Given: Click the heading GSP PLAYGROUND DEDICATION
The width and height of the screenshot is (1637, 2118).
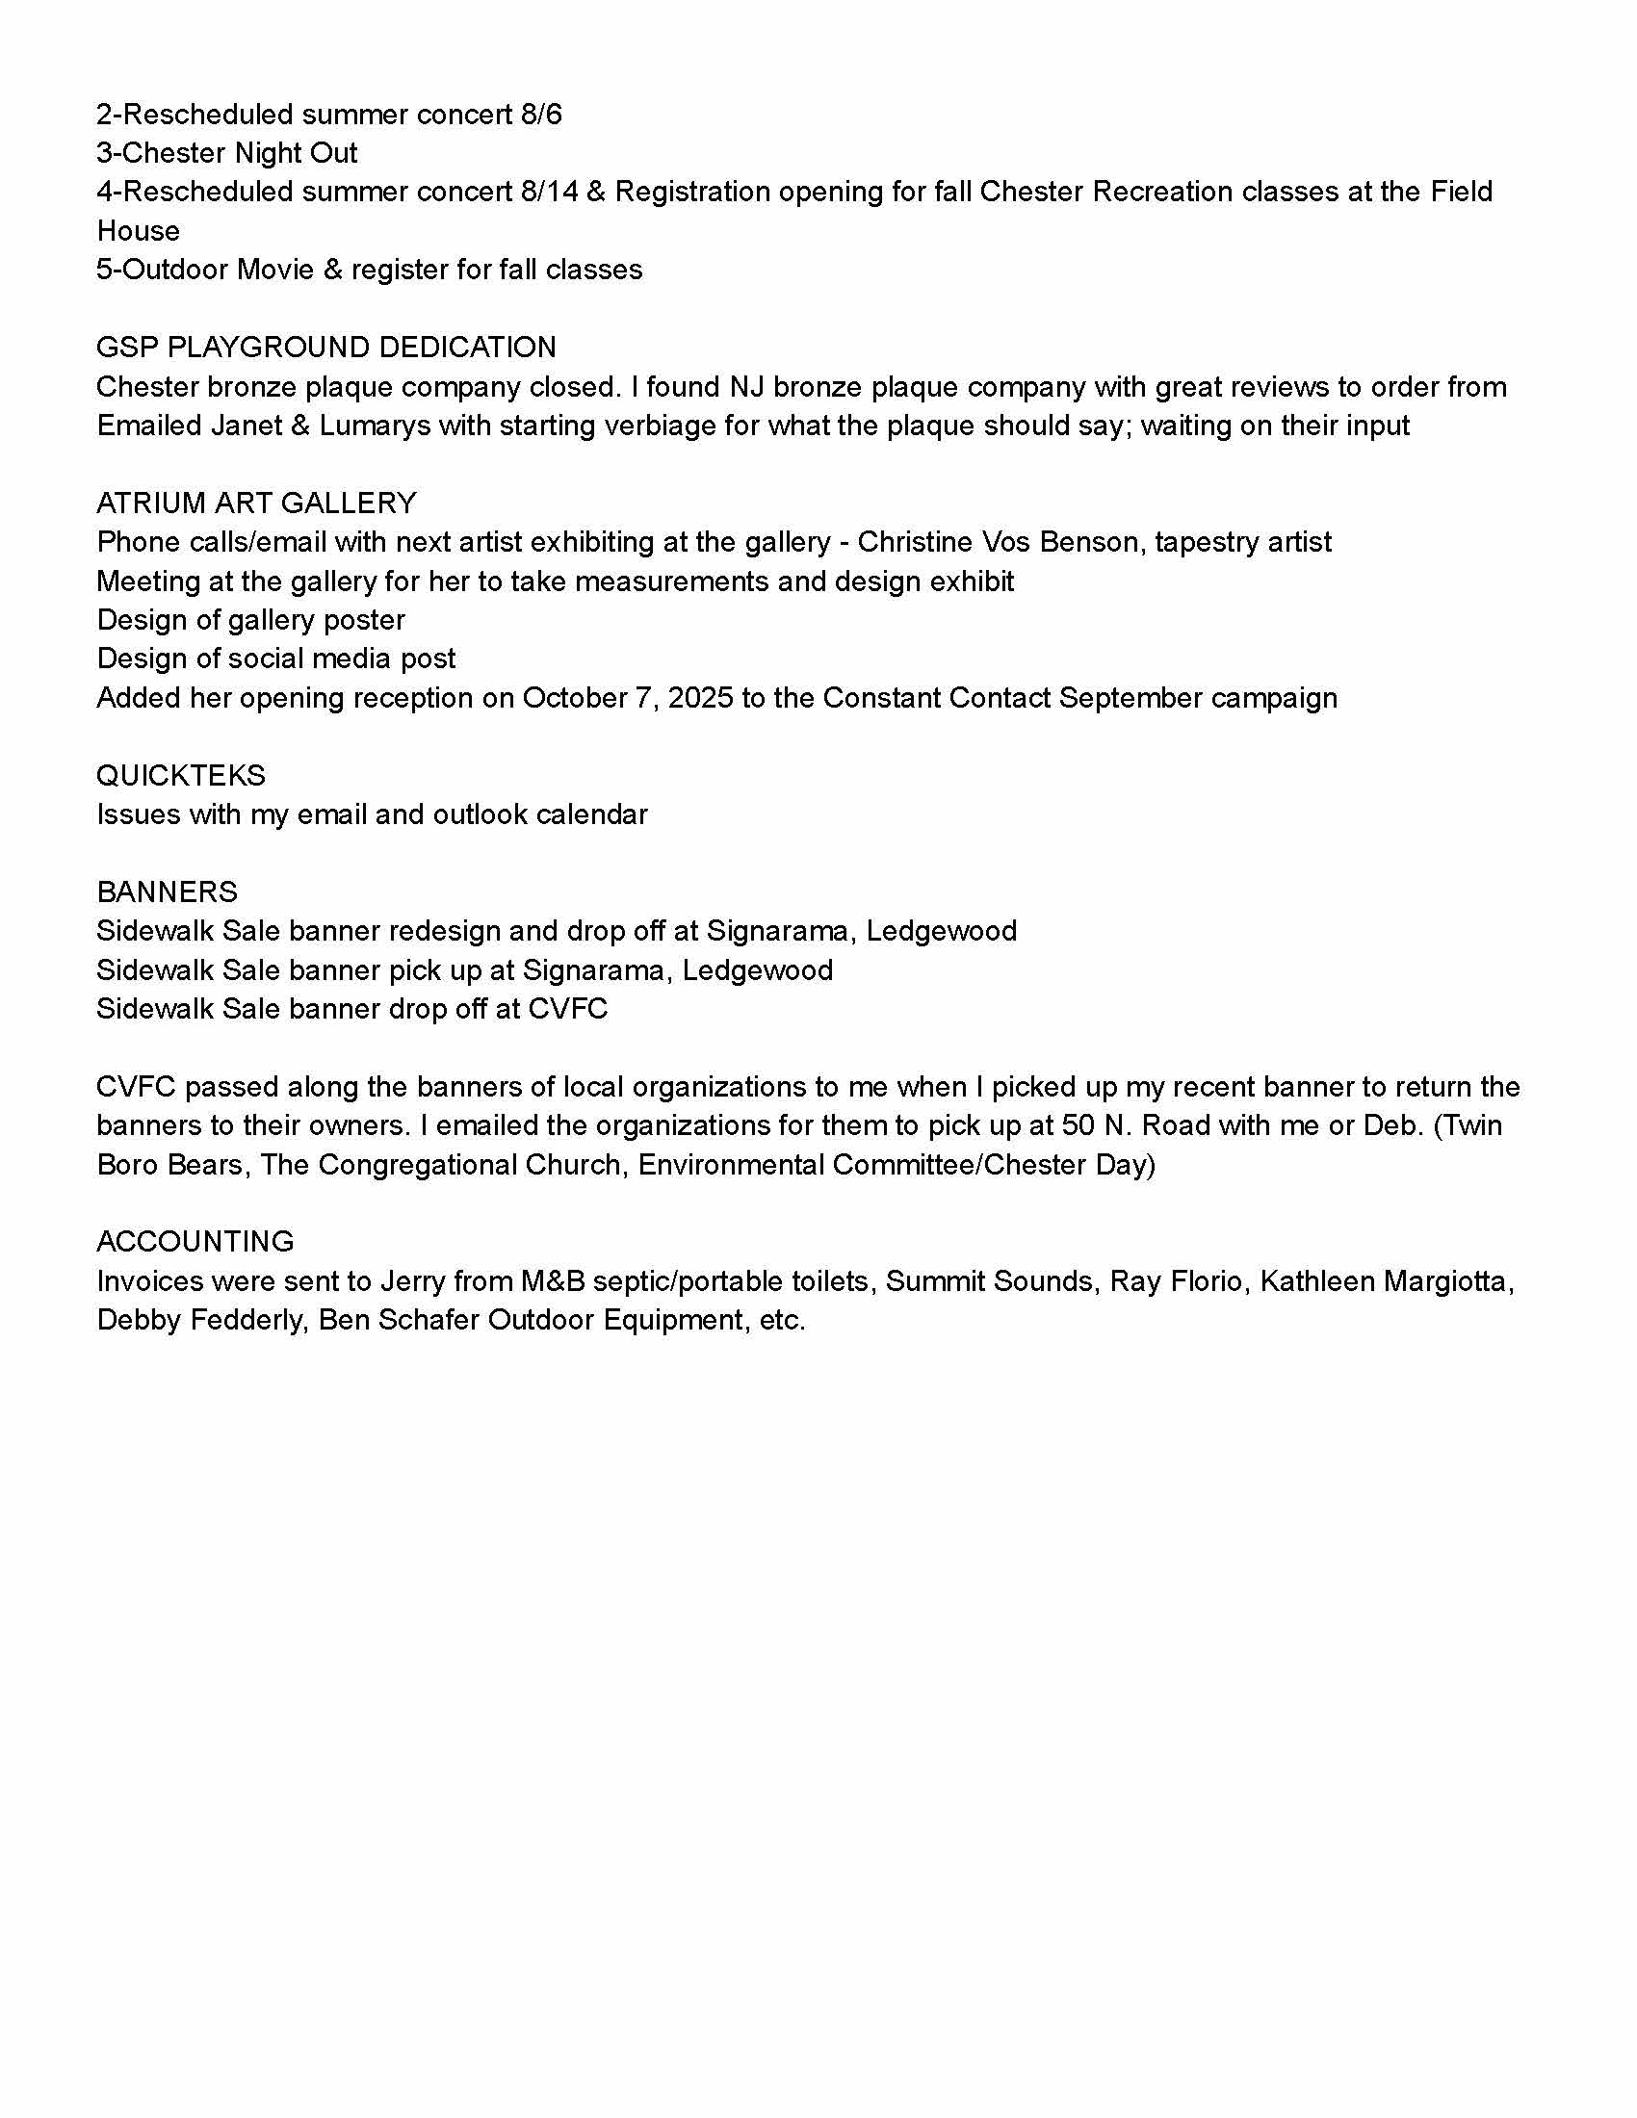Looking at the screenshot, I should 325,348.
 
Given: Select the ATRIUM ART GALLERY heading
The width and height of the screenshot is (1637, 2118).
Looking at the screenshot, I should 256,503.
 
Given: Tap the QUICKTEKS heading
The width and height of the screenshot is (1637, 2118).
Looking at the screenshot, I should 180,775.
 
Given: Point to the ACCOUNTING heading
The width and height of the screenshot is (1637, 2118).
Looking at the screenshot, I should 195,1241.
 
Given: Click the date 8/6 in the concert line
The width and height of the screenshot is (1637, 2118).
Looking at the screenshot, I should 541,115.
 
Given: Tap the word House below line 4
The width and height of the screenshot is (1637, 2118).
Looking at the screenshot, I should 138,231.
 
